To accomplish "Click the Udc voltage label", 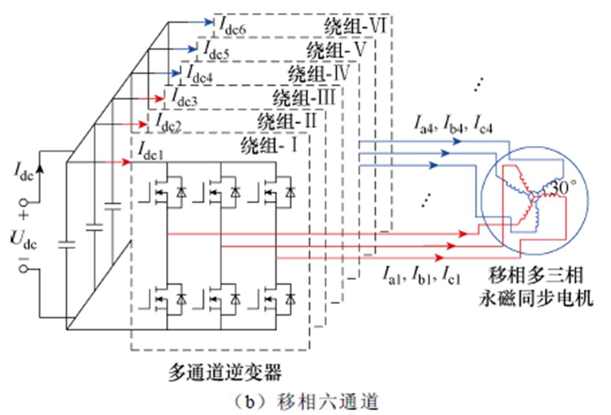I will [x=24, y=241].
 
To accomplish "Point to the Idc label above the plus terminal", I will [x=25, y=172].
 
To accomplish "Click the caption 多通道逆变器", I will [x=225, y=373].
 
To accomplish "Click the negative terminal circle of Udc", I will [x=24, y=268].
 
